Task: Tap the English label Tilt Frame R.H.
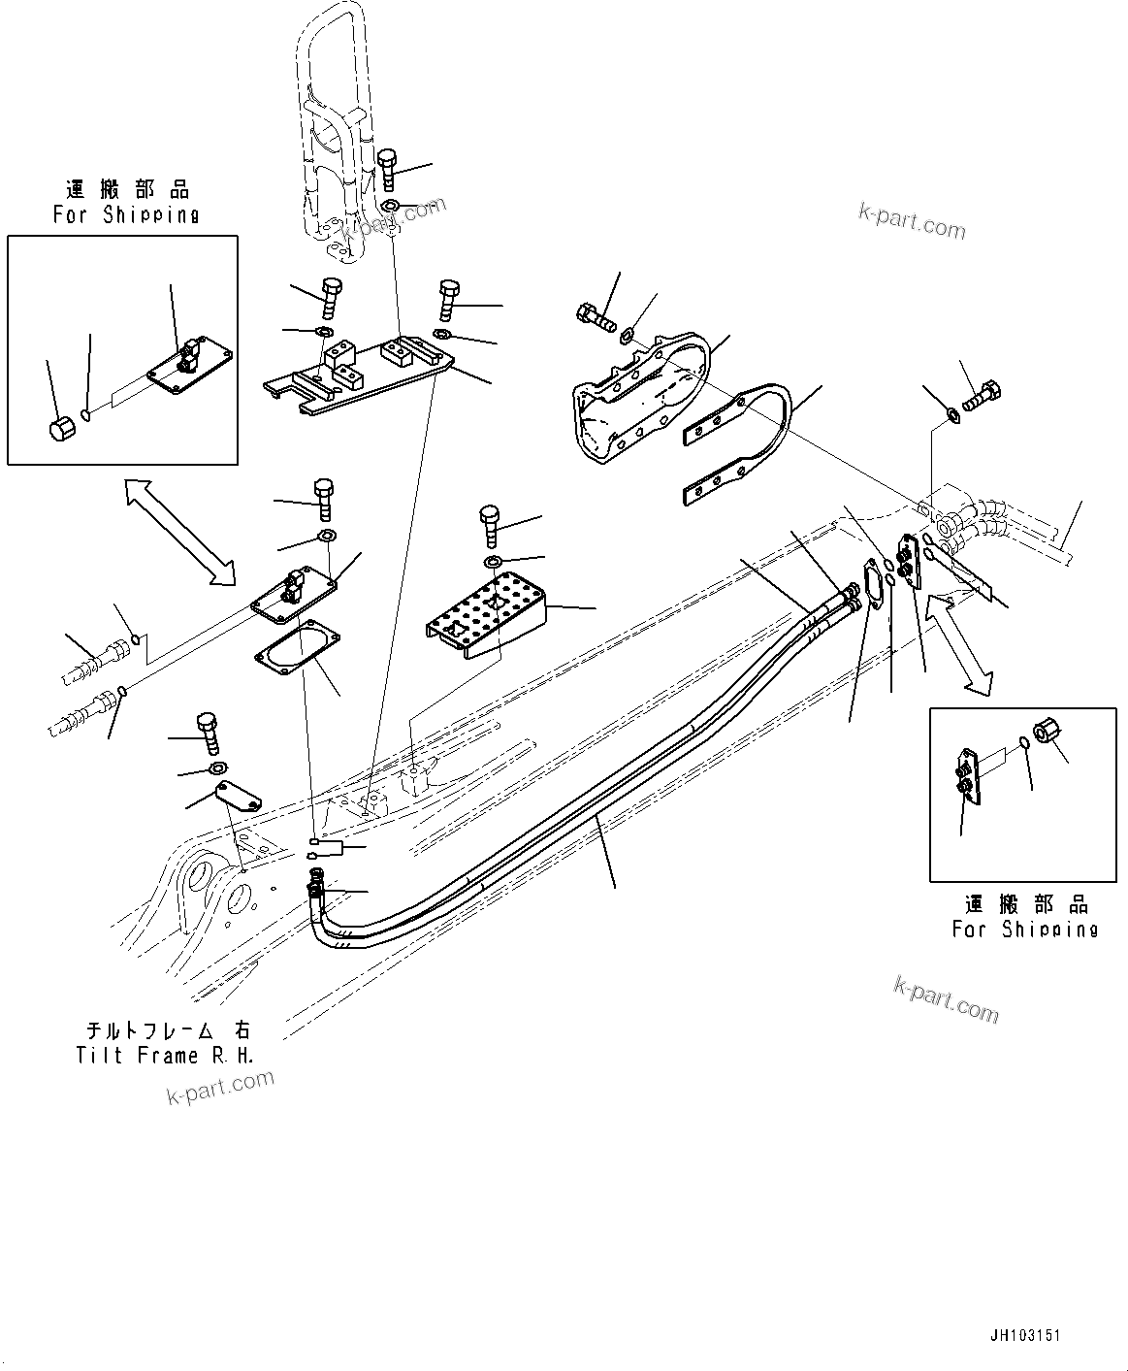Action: (x=165, y=1056)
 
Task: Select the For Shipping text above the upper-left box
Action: (x=126, y=215)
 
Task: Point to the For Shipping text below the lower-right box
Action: (x=1024, y=930)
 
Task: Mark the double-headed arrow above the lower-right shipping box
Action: (x=960, y=645)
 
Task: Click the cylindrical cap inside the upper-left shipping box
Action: (x=62, y=427)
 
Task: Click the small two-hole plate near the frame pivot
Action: (x=239, y=795)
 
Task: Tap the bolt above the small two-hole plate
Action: (x=209, y=733)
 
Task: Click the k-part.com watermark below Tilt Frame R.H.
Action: (x=220, y=1086)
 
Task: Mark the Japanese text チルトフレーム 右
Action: (x=165, y=1029)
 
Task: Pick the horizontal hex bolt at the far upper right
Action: (x=983, y=397)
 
